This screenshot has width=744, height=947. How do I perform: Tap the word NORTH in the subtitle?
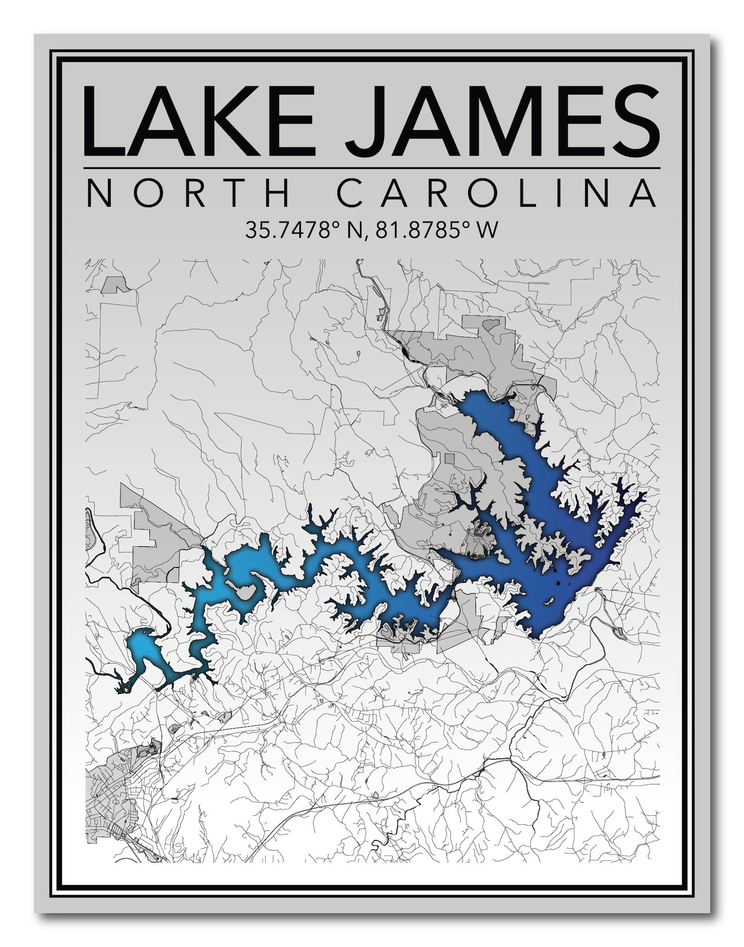(187, 193)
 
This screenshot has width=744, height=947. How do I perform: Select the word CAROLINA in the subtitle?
(497, 193)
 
